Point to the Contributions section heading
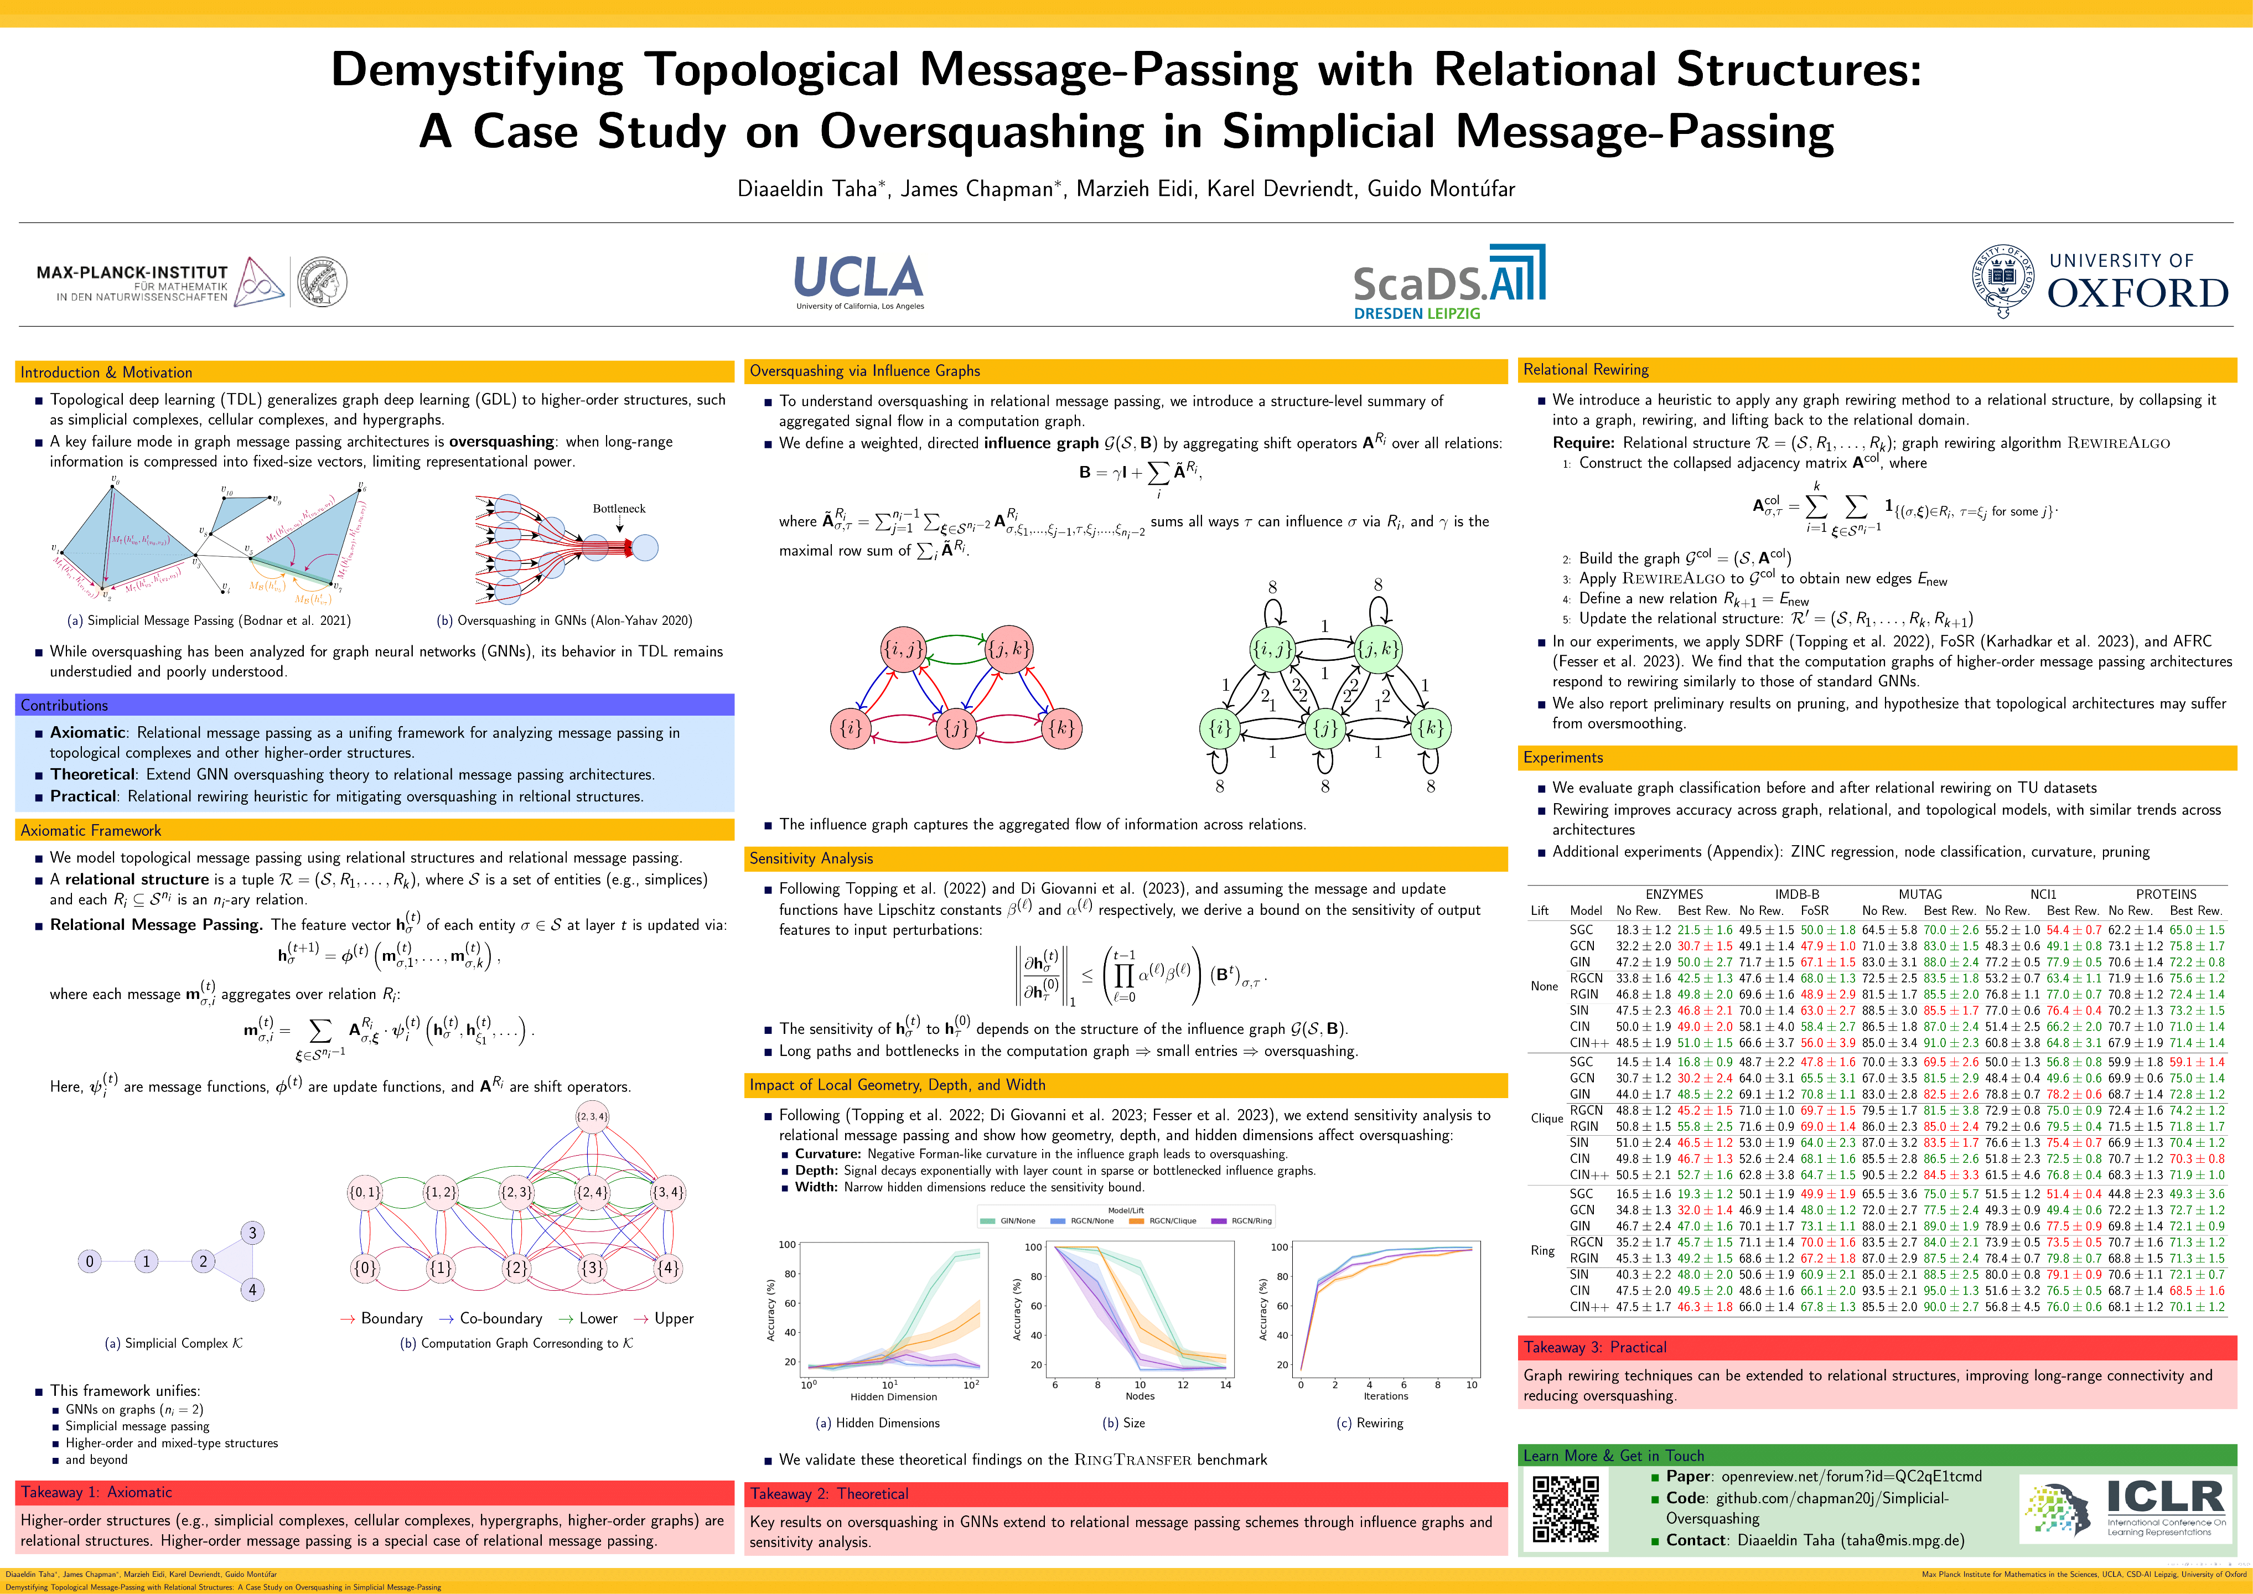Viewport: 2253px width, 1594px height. click(65, 705)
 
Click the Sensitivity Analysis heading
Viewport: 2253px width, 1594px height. click(811, 858)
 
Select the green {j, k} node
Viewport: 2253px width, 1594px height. click(1377, 649)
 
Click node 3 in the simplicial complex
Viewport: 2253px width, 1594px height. click(252, 1233)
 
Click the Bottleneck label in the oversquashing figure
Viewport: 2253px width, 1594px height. click(619, 509)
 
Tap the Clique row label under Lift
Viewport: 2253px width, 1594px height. click(1546, 1118)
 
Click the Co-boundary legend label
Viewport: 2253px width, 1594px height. click(500, 1318)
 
